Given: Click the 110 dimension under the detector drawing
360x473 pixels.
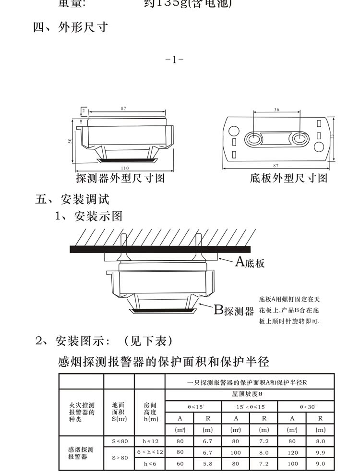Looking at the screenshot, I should [125, 168].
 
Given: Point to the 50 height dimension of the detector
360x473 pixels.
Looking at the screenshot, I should [70, 140].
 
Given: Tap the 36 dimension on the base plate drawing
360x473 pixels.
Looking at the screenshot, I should [276, 110].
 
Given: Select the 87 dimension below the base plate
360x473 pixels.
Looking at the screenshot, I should [276, 166].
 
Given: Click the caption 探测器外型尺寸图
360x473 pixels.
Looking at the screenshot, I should [120, 178].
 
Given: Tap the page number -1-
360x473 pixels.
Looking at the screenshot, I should [174, 60].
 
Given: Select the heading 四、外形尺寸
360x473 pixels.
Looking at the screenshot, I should [70, 27].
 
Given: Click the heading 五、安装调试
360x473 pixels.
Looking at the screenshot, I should [73, 199].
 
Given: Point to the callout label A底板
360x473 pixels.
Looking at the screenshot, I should [250, 262].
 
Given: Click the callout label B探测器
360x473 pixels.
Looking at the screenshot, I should [234, 311].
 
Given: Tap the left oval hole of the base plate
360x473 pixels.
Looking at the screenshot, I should [253, 139].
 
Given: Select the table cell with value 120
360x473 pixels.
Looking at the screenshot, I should [292, 452].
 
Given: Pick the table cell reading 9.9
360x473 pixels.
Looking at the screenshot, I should [321, 452].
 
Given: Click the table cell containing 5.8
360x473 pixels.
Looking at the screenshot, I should [208, 464].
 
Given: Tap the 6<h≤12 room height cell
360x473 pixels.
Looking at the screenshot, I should [150, 452].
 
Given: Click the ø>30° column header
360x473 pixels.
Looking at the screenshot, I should [306, 406].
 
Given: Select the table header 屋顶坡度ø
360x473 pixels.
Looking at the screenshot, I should [250, 394].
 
